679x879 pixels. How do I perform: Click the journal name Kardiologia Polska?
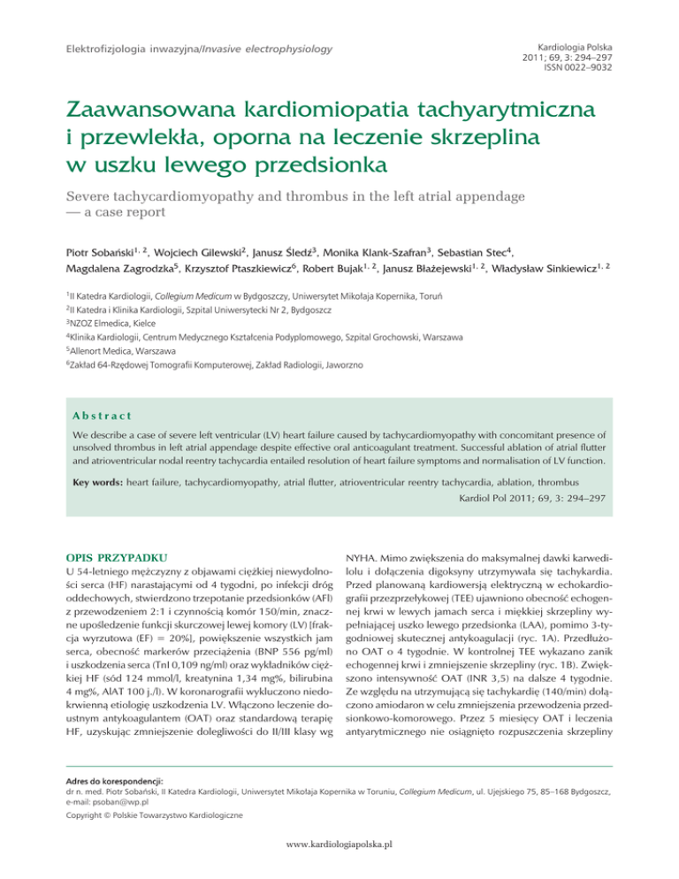[x=588, y=42]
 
